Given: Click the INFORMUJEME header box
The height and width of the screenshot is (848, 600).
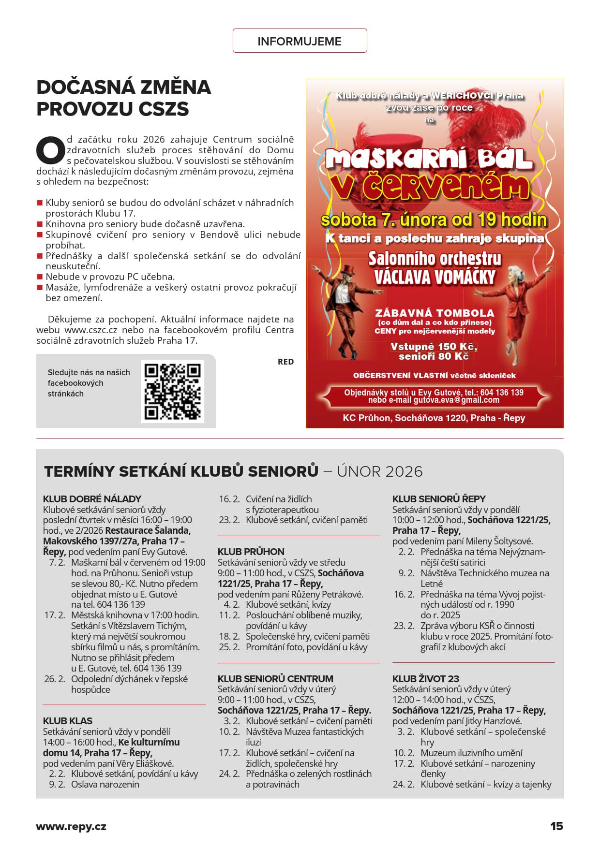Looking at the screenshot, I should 300,41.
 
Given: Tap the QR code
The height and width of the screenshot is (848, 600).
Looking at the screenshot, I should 172,392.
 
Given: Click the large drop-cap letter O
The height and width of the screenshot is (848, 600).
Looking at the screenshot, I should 50,150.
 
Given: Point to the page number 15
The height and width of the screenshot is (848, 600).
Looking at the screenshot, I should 556,826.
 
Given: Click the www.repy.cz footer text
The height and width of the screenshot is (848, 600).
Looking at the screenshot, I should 71,826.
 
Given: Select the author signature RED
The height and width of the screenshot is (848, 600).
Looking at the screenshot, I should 285,362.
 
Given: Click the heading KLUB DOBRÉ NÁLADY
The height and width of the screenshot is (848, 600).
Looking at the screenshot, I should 92,499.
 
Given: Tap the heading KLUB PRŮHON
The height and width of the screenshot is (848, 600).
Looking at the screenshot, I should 251,552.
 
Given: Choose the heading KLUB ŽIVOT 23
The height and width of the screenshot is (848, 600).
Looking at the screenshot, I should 425,679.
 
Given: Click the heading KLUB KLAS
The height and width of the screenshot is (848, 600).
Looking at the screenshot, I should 67,721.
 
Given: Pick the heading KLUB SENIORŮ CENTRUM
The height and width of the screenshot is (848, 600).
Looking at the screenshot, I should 275,679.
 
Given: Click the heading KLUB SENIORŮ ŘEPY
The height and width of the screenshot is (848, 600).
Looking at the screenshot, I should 439,499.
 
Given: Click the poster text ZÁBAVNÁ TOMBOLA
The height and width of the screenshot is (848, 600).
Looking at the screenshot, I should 435,313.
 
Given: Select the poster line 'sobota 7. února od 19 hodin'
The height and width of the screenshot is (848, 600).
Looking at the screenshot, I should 434,220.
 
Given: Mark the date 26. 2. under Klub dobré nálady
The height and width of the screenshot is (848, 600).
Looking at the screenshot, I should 55,679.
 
